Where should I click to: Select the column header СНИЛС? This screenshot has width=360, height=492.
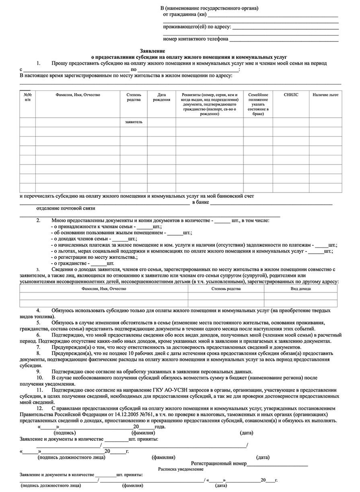291,95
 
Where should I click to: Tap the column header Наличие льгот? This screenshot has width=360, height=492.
325,95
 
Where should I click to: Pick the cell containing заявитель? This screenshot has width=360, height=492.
134,122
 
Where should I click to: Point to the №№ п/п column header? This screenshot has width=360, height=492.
28,97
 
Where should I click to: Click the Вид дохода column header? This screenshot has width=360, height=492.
300,289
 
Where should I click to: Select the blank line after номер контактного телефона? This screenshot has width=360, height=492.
284,39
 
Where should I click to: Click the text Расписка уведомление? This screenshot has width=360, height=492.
181,469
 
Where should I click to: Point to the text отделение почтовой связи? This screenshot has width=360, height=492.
66,209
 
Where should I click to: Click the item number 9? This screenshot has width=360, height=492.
38,371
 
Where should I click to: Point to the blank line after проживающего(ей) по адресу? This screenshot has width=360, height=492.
285,27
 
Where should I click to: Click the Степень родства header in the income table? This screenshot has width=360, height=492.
226,289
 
